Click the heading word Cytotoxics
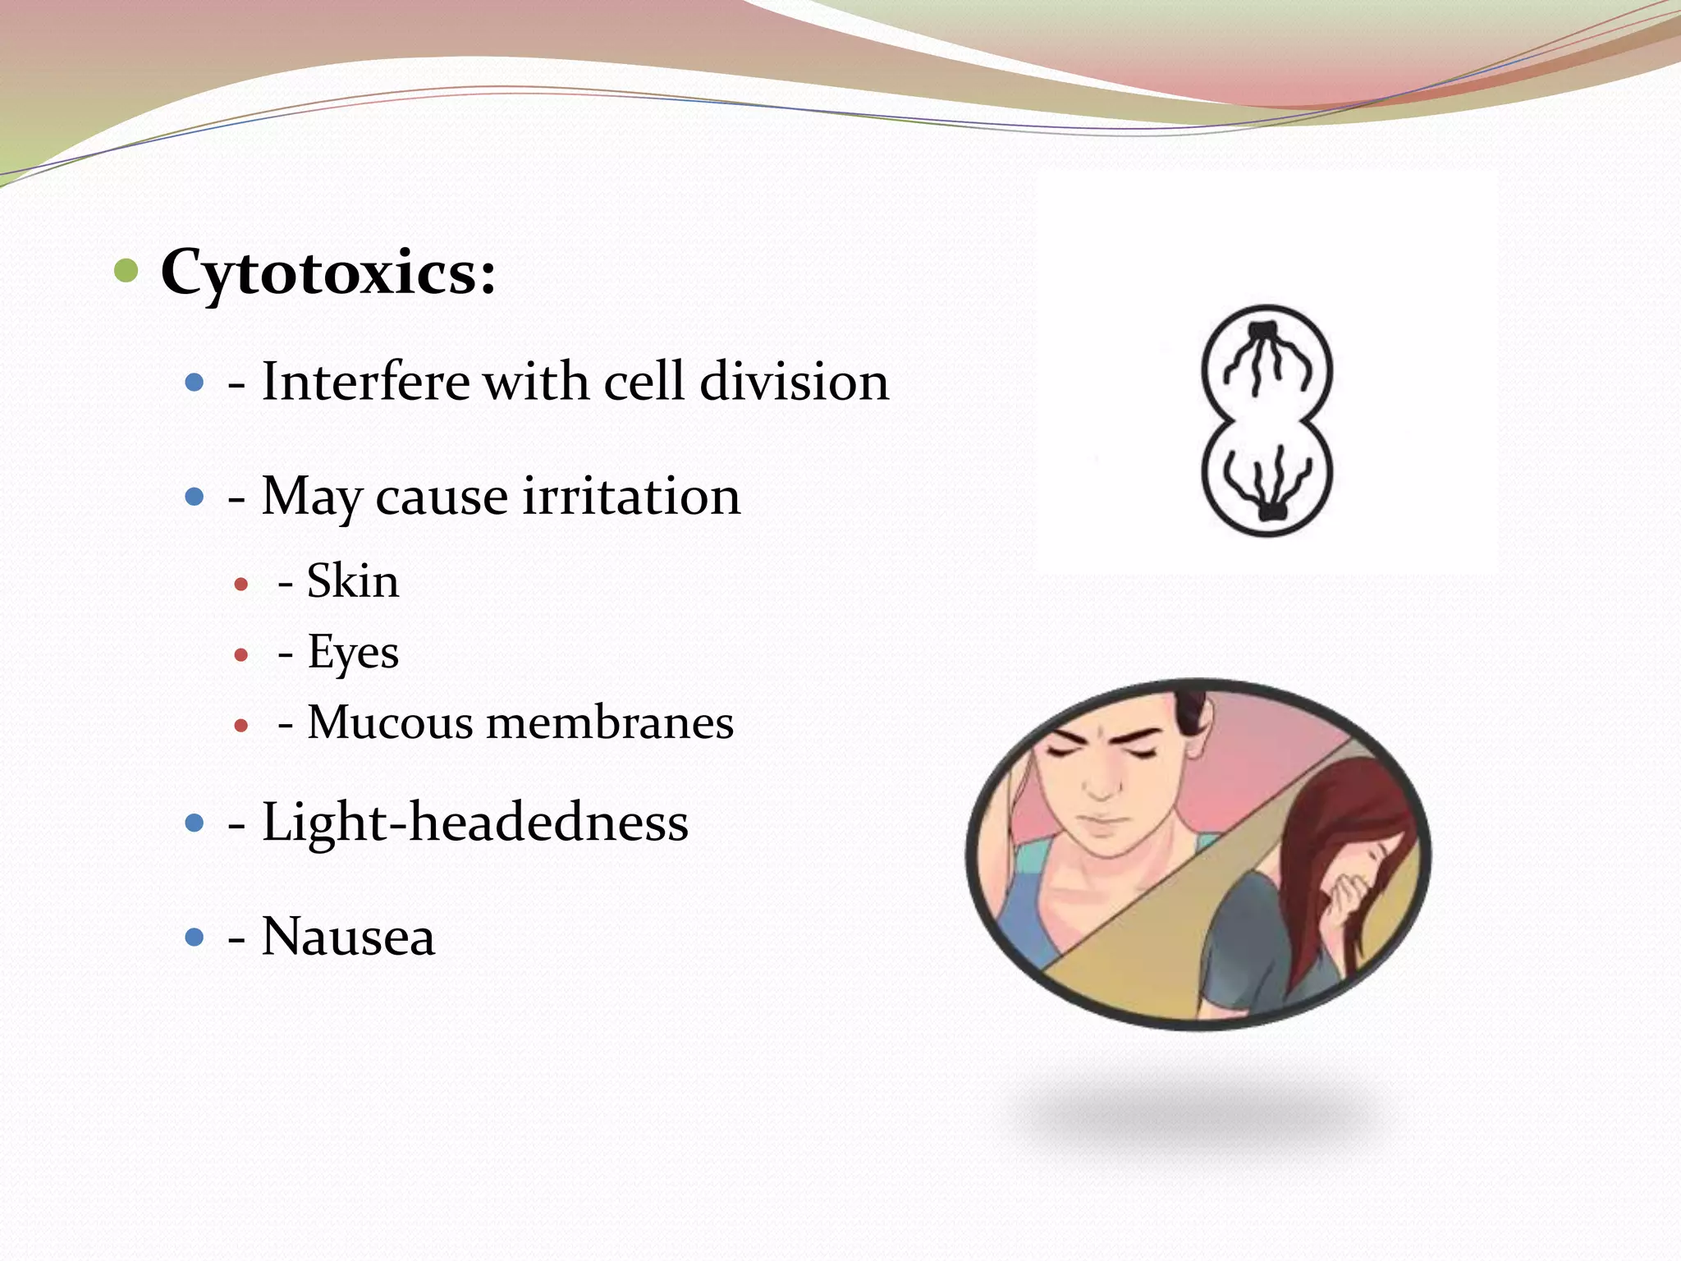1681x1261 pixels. pos(328,273)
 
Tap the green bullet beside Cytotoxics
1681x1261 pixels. pos(126,269)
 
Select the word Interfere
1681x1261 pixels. pos(366,382)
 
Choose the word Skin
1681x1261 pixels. pos(352,581)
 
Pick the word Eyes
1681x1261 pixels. pos(352,653)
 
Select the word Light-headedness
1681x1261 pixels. pos(474,822)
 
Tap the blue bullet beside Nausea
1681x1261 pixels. pos(195,937)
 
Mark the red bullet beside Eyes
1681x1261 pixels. pos(240,655)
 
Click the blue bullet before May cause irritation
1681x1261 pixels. pos(195,497)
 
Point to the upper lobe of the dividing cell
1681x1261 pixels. pos(1266,365)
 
